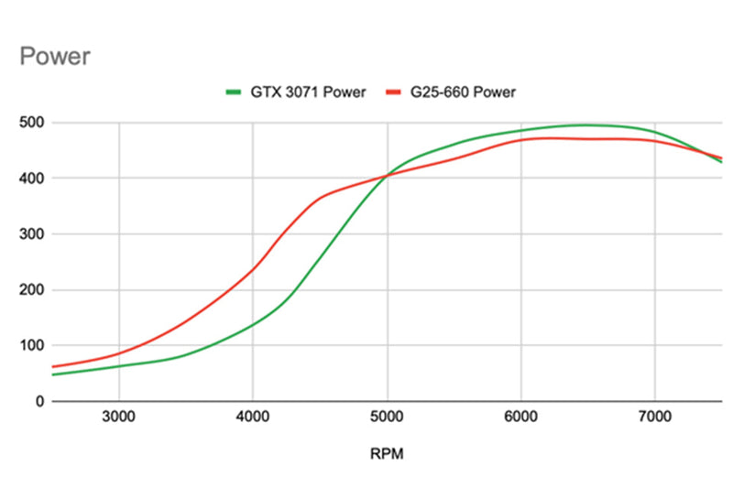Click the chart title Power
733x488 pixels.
[55, 57]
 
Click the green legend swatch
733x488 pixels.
[235, 92]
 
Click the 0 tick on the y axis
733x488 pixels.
[39, 402]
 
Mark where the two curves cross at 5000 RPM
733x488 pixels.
[387, 175]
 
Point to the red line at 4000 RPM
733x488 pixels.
[253, 267]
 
